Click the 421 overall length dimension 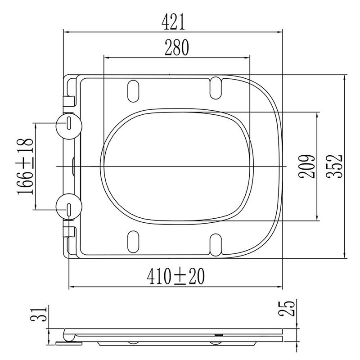click(173, 22)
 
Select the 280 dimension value click(177, 48)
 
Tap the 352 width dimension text click(334, 166)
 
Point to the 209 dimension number click(306, 166)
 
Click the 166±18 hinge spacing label click(25, 166)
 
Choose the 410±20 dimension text click(175, 276)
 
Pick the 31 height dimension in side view click(39, 314)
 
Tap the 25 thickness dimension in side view click(286, 308)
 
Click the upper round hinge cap click(69, 126)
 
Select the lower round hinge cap click(69, 207)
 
